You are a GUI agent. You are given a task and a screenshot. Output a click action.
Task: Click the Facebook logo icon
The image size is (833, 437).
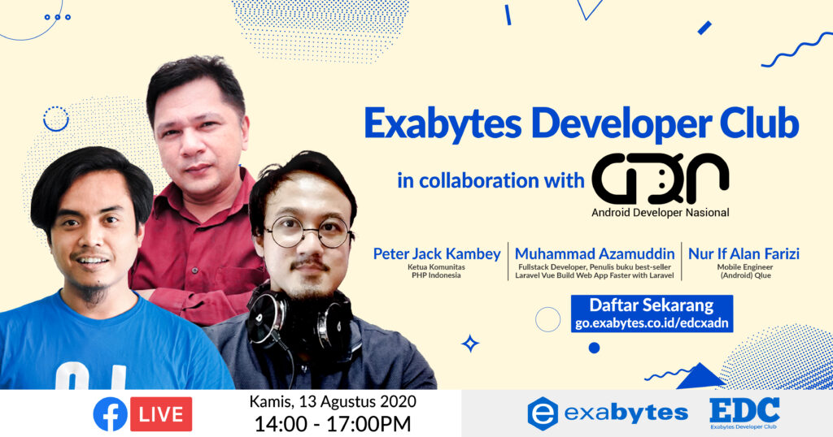coord(110,413)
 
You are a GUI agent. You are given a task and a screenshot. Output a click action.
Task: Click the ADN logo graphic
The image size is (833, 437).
coord(660,179)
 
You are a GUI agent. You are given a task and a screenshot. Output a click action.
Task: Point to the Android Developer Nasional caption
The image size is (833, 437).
coord(660,214)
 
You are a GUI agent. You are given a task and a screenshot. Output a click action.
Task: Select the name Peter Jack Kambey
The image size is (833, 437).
coord(436,254)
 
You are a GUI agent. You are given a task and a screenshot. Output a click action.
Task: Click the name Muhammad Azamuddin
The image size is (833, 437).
coord(595,254)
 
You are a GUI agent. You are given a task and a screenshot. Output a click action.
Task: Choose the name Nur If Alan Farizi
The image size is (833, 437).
coord(744,254)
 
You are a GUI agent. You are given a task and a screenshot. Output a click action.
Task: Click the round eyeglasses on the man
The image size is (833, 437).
coord(308,232)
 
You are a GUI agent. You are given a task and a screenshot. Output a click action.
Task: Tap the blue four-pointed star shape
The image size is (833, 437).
coord(470,344)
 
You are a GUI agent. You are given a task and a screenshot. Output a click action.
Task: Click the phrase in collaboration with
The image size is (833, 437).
coord(490,180)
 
